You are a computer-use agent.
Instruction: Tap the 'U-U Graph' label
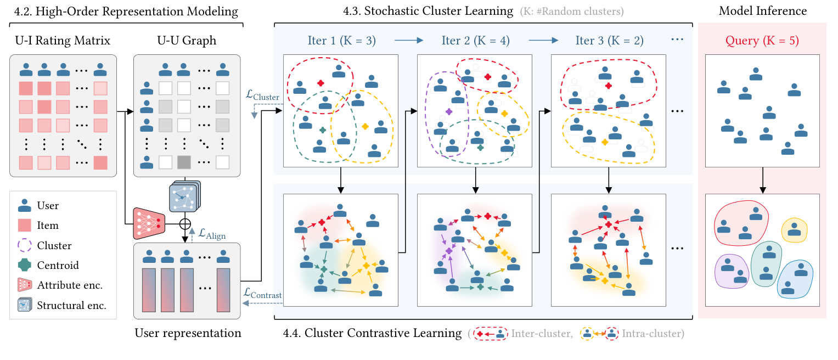(x=187, y=40)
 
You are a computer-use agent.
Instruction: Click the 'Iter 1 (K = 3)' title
(x=341, y=40)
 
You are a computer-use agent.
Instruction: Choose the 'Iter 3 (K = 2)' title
(x=609, y=40)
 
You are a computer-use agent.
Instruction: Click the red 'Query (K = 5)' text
(x=762, y=40)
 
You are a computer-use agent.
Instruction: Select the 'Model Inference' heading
(x=762, y=11)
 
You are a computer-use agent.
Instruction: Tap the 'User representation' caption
(x=187, y=333)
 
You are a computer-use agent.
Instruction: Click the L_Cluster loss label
(x=263, y=97)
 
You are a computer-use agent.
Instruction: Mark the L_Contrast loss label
(x=262, y=294)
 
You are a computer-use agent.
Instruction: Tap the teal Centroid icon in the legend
(x=24, y=265)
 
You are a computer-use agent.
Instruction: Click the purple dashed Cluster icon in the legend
(x=24, y=245)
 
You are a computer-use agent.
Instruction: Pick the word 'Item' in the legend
(x=48, y=226)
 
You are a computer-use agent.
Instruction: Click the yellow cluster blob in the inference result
(x=793, y=229)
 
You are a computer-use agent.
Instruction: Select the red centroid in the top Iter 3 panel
(x=608, y=86)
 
